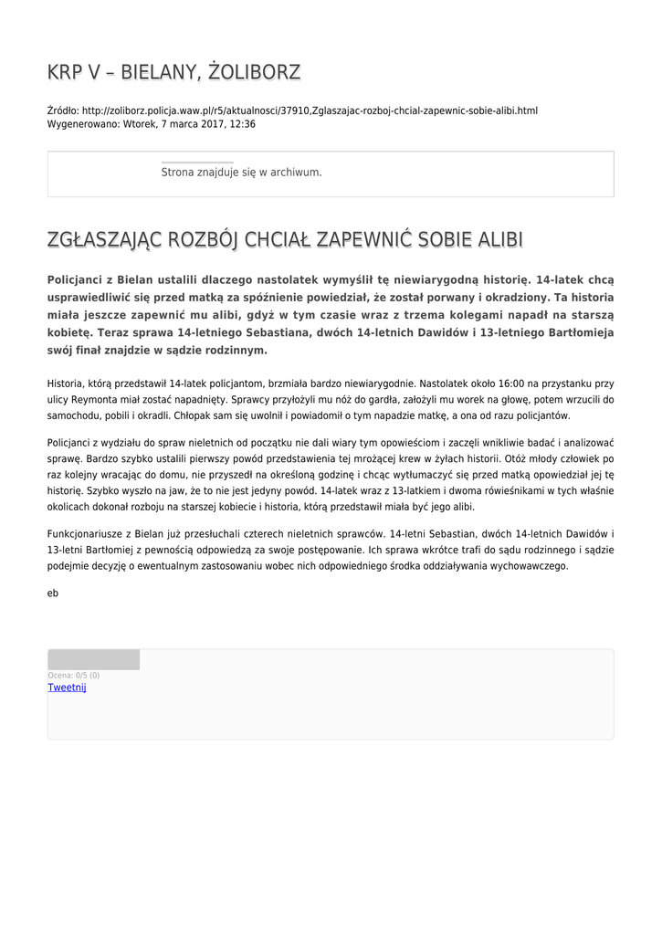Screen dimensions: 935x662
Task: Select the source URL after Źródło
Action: [310, 110]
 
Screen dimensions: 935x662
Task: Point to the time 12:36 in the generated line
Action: [243, 124]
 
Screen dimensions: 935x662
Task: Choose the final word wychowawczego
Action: [525, 565]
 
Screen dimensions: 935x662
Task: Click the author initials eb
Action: [53, 593]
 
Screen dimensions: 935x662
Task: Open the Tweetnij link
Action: [67, 688]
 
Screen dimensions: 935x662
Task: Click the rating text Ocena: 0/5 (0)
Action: [74, 676]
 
